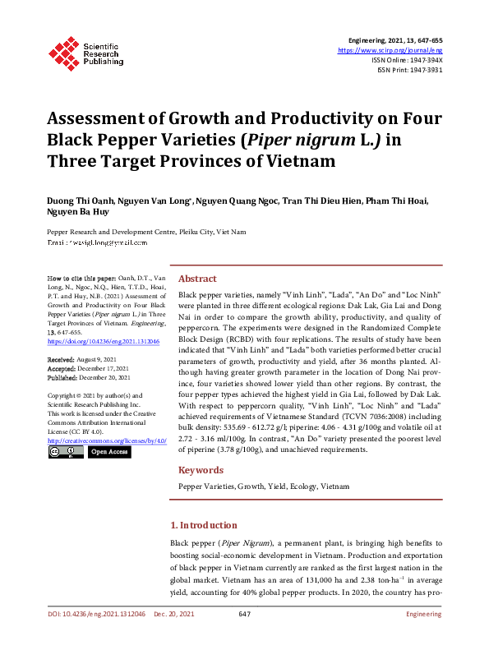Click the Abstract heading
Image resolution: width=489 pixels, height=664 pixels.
pyautogui.click(x=197, y=279)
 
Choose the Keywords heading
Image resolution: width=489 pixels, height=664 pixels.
pyautogui.click(x=201, y=470)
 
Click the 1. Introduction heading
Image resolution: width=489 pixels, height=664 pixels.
pyautogui.click(x=203, y=525)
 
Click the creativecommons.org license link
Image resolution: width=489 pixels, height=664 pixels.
pyautogui.click(x=107, y=440)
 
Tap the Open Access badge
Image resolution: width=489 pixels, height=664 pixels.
pyautogui.click(x=109, y=452)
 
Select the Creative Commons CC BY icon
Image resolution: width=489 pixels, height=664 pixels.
pyautogui.click(x=66, y=452)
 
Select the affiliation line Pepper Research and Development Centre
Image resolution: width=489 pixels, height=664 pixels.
pyautogui.click(x=146, y=232)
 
